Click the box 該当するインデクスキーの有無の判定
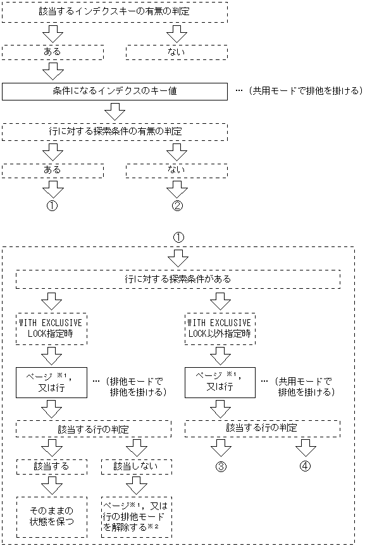tap(114, 12)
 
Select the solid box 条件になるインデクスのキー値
tap(114, 91)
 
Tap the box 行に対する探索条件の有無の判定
tap(114, 131)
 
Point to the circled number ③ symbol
tap(220, 468)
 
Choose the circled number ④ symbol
tap(305, 468)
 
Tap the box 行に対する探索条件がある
tap(178, 279)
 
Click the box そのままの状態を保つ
tap(53, 516)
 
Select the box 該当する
tap(53, 466)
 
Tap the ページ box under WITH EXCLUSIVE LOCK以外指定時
tap(220, 384)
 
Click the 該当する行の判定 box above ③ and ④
tap(262, 428)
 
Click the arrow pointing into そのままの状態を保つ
tap(53, 487)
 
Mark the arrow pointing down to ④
tap(305, 447)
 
